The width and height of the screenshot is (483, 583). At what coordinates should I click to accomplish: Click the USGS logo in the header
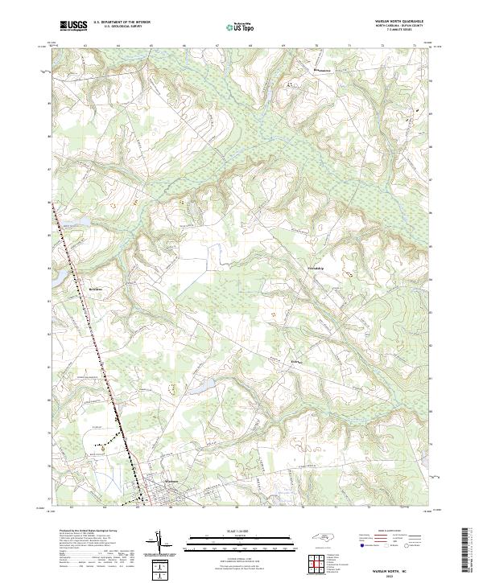(x=73, y=27)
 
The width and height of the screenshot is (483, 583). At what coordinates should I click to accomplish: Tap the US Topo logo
(x=240, y=27)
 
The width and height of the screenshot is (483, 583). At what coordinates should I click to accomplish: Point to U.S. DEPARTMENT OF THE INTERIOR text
(x=122, y=23)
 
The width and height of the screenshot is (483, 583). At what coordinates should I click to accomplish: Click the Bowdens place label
(x=95, y=285)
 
